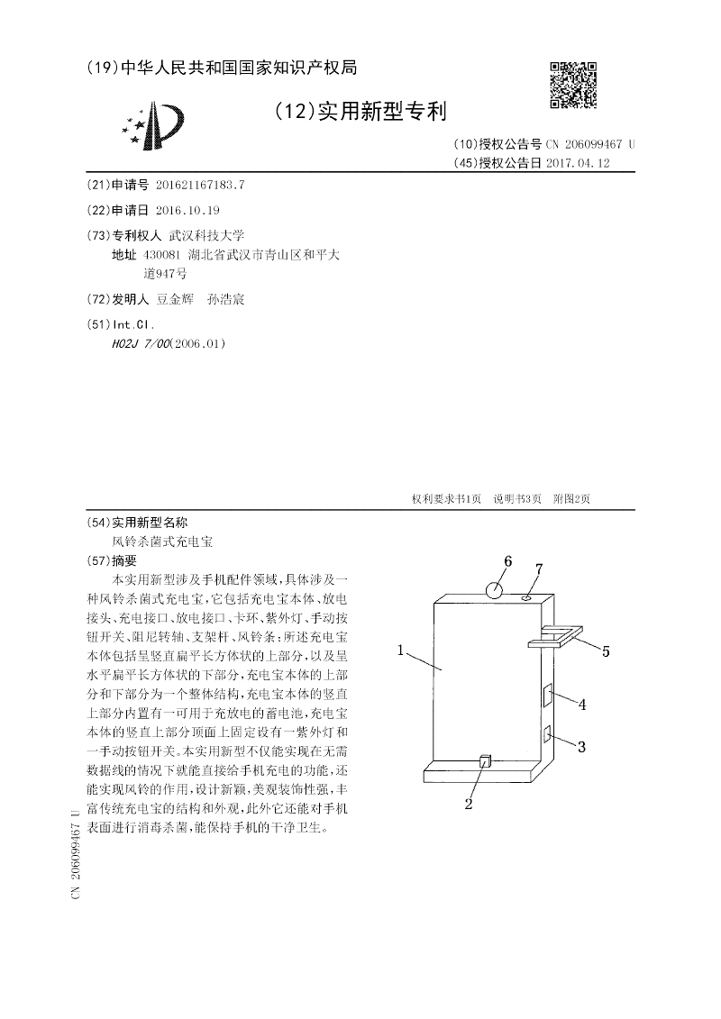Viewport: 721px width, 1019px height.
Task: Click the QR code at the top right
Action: pyautogui.click(x=573, y=85)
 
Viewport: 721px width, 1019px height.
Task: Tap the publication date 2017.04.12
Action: pyautogui.click(x=578, y=163)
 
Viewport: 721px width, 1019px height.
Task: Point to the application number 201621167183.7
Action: pyautogui.click(x=199, y=185)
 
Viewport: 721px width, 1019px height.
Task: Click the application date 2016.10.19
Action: pyautogui.click(x=187, y=210)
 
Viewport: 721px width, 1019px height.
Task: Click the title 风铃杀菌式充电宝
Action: pyautogui.click(x=163, y=542)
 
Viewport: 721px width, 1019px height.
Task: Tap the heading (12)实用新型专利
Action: pyautogui.click(x=358, y=113)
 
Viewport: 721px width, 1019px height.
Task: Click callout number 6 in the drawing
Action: pyautogui.click(x=507, y=561)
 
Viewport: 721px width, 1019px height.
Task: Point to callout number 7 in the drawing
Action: pyautogui.click(x=539, y=569)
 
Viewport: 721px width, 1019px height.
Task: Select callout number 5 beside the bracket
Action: pyautogui.click(x=606, y=651)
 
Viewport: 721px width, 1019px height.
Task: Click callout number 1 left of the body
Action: pyautogui.click(x=399, y=649)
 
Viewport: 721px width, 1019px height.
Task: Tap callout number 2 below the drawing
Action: pyautogui.click(x=469, y=804)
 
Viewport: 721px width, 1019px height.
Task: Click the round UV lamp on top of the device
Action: pyautogui.click(x=495, y=591)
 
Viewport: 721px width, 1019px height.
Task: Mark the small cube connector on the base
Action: pyautogui.click(x=485, y=762)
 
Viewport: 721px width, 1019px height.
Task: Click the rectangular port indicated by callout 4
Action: pyautogui.click(x=546, y=696)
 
